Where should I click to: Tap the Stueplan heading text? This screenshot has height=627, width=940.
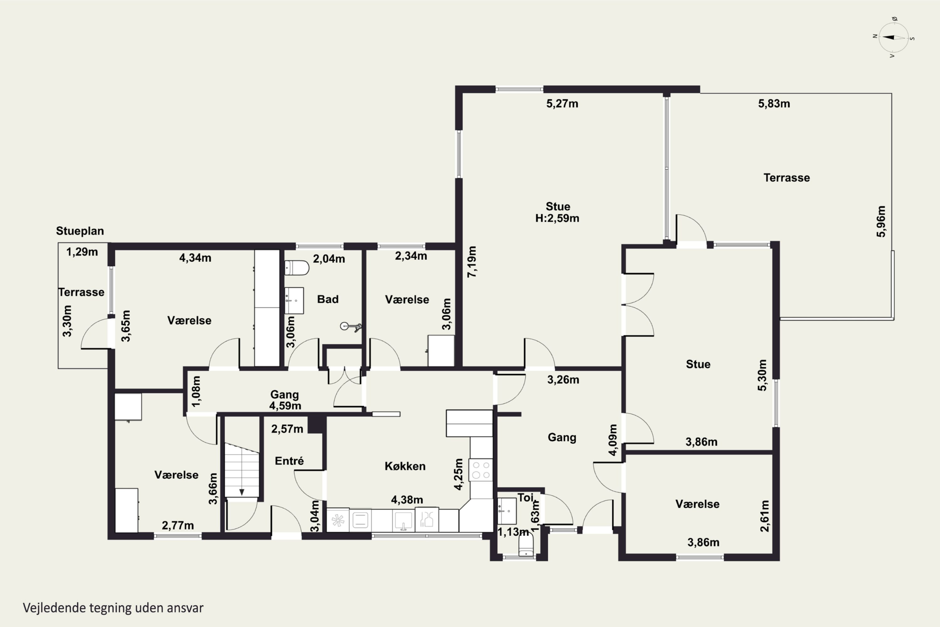point(80,231)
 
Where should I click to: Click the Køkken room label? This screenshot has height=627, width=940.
point(405,466)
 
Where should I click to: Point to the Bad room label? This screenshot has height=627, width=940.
point(328,299)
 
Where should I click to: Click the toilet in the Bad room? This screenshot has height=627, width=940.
point(296,268)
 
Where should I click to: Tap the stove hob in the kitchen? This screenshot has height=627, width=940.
point(481,470)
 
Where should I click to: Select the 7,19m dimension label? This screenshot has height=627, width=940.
point(472,262)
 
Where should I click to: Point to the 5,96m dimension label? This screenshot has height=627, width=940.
point(881,221)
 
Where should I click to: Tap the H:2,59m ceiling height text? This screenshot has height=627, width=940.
point(557,218)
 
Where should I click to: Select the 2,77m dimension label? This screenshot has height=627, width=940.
point(178,525)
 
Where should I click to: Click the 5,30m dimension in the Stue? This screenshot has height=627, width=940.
point(762,375)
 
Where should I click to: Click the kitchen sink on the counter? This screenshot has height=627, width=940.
point(403,520)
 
